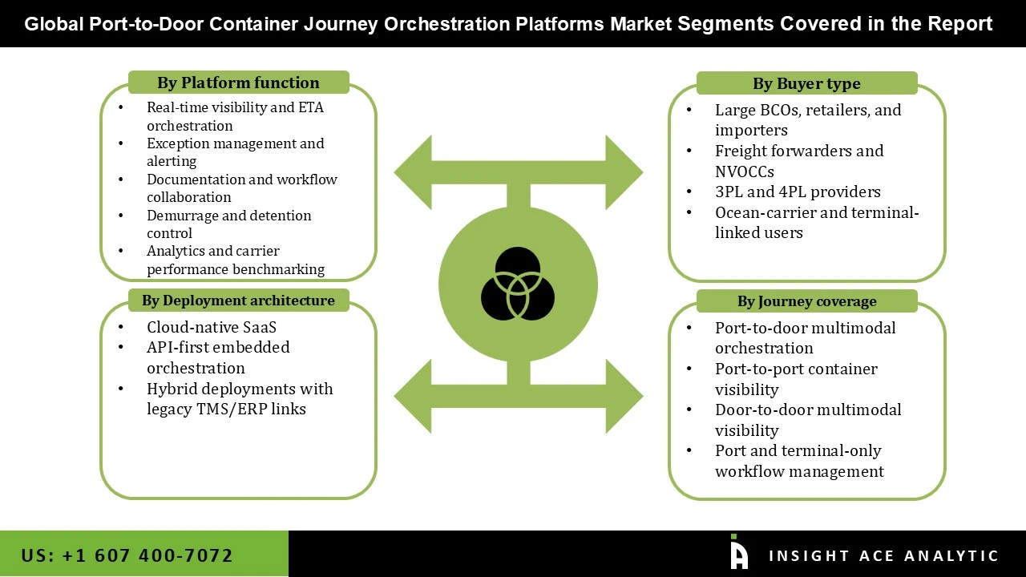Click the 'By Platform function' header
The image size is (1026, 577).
[238, 83]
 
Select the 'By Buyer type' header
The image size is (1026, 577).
[806, 83]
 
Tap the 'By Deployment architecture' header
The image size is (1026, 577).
[238, 301]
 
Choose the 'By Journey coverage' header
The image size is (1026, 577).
[806, 301]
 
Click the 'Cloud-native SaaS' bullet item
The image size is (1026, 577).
[212, 327]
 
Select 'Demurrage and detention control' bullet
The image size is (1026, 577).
[228, 224]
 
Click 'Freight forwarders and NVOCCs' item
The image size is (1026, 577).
[798, 161]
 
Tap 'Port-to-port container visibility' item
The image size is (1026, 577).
[795, 379]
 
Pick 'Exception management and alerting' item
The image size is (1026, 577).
[235, 152]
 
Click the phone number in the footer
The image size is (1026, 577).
[127, 555]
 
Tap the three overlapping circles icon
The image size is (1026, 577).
[518, 284]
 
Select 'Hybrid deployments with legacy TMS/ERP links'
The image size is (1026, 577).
[239, 399]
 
